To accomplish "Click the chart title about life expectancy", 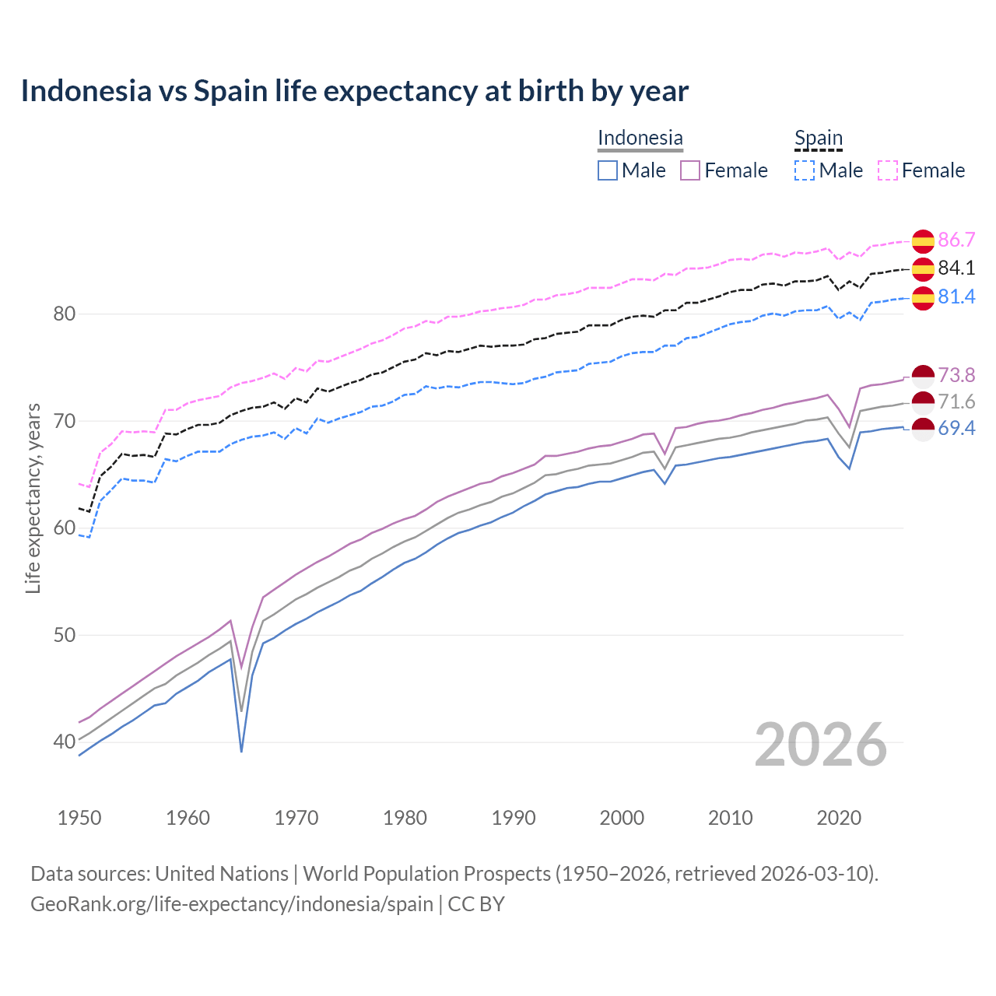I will coord(354,91).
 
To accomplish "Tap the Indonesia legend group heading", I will coord(640,139).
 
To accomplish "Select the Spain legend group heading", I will coord(818,139).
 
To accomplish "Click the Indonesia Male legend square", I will coord(608,170).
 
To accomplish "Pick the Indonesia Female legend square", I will coord(691,170).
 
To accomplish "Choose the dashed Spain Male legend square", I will coord(805,170).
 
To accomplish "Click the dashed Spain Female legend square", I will coord(888,170).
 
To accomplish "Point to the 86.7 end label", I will coord(956,240).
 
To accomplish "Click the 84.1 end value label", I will coord(956,268).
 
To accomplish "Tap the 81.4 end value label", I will coord(956,297).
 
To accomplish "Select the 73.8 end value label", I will coord(956,376).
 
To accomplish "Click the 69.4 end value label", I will coord(956,429).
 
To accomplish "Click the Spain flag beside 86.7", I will coord(923,241).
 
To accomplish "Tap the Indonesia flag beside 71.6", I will coord(923,402).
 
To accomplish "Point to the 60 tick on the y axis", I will coord(64,528).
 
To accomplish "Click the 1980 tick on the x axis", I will coord(405,818).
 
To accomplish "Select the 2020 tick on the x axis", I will coord(839,818).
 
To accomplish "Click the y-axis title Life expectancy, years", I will coord(33,498).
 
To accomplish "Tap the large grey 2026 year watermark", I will coord(820,745).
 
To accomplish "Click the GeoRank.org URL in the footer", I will coord(232,904).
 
